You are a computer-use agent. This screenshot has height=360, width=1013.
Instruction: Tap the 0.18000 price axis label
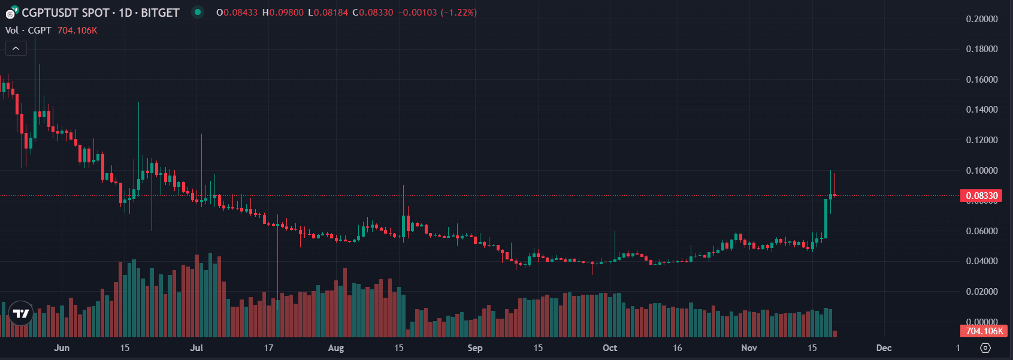coord(982,49)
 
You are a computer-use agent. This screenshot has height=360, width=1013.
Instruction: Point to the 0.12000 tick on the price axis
coord(982,140)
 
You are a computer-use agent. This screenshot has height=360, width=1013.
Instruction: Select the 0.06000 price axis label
coord(982,231)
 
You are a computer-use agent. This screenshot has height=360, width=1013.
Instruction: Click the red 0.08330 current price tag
coord(982,196)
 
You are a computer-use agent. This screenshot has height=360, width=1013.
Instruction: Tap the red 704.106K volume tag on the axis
coord(984,331)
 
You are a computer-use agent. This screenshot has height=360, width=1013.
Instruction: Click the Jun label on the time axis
coord(62,348)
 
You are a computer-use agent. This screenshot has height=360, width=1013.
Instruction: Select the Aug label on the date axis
coord(336,348)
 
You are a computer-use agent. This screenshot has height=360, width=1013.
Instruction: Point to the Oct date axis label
coord(610,348)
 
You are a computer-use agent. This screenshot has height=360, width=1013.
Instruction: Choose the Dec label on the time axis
coord(884,348)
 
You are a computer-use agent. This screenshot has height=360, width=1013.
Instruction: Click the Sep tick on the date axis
coord(474,348)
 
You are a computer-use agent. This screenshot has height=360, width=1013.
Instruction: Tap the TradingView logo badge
coord(21,313)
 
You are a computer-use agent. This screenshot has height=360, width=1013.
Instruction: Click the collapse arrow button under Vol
coord(16,49)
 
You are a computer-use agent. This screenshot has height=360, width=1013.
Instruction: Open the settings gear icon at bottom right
coord(985,348)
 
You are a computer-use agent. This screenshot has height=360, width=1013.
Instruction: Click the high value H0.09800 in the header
coord(283,13)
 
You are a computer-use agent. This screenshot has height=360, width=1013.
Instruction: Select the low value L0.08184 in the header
coord(328,13)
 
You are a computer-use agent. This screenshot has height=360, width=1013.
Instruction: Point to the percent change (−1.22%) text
coord(458,13)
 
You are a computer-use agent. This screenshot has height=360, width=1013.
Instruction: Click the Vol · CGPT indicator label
coord(28,31)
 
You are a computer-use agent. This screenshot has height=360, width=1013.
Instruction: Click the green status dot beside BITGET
coord(197,12)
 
